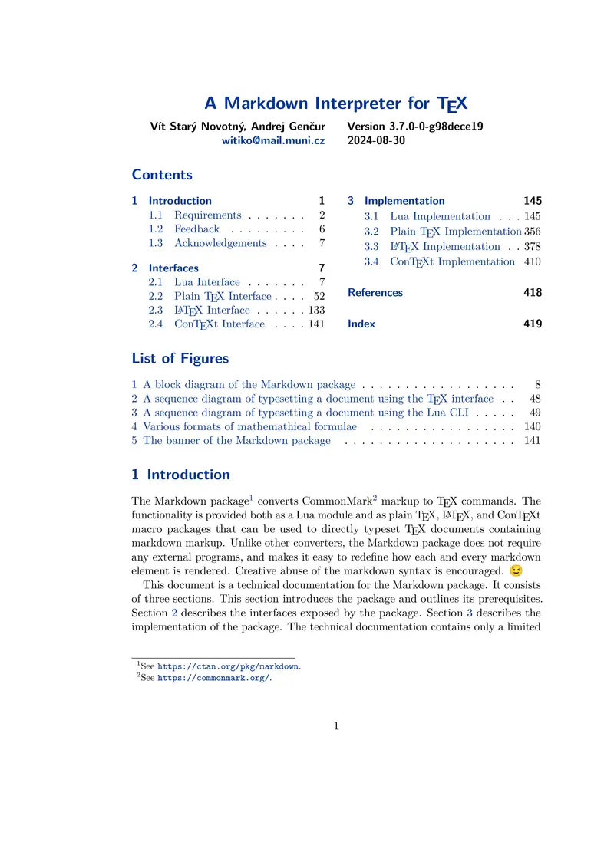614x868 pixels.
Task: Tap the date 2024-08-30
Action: pyautogui.click(x=376, y=141)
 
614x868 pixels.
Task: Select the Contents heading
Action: pyautogui.click(x=162, y=175)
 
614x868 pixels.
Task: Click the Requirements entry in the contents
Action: pyautogui.click(x=207, y=215)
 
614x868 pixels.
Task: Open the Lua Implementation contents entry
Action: pyautogui.click(x=440, y=216)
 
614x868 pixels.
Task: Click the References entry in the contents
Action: pyautogui.click(x=375, y=292)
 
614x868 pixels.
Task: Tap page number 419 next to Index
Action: pyautogui.click(x=533, y=324)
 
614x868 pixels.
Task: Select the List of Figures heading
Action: pyautogui.click(x=180, y=358)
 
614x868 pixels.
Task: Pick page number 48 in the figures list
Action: pyautogui.click(x=535, y=399)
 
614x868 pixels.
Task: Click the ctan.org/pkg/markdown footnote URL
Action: pyautogui.click(x=229, y=667)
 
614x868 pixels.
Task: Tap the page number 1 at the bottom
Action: pyautogui.click(x=336, y=726)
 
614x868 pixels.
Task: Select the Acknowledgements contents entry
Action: pyautogui.click(x=220, y=243)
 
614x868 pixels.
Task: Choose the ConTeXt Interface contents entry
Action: pyautogui.click(x=219, y=324)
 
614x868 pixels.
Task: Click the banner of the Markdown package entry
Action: pyautogui.click(x=236, y=440)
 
